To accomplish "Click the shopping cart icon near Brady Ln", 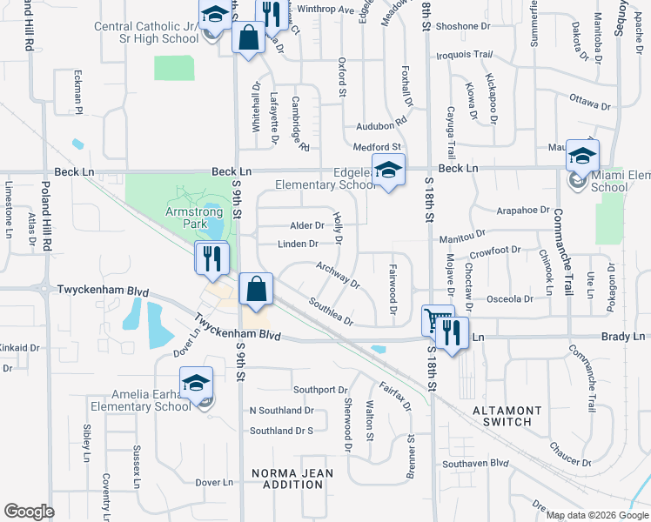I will tap(438, 319).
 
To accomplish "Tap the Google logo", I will tap(29, 512).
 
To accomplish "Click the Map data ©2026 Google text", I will tap(595, 515).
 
